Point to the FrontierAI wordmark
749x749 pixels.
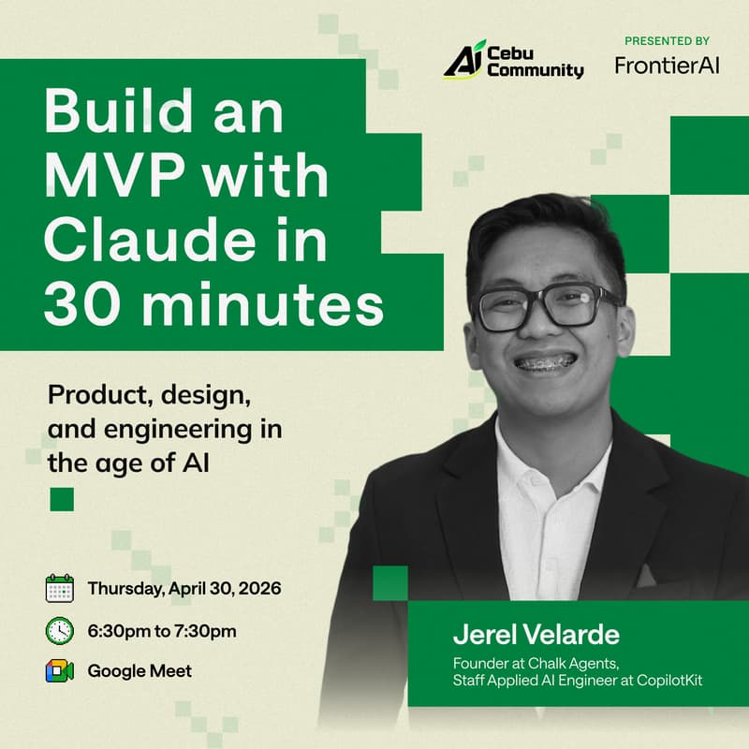[668, 66]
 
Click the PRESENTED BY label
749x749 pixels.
[667, 41]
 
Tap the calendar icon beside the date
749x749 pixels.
[59, 589]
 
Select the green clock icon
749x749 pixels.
[59, 630]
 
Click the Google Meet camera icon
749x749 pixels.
[59, 670]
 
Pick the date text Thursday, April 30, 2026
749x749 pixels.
[184, 590]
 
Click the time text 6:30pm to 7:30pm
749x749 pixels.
[162, 631]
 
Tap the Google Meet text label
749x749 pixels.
[140, 671]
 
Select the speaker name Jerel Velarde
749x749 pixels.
[536, 635]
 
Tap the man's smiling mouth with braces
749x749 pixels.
[548, 361]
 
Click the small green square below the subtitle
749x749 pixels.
[62, 499]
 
